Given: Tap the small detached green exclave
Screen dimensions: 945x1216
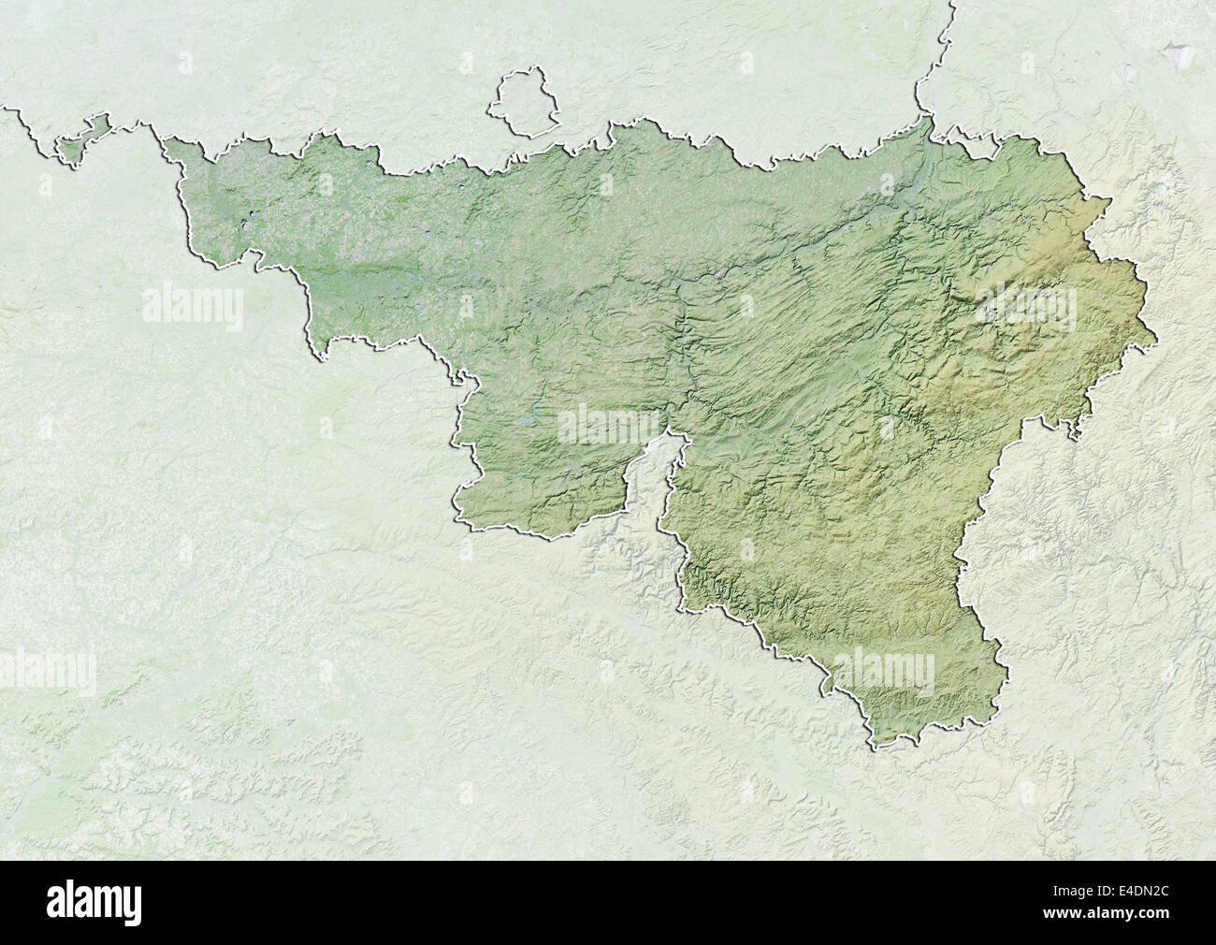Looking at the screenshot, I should coord(79,143).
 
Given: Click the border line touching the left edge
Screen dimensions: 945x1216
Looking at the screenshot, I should coord(7,110).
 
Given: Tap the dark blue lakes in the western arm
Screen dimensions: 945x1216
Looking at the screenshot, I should coord(245,224).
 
